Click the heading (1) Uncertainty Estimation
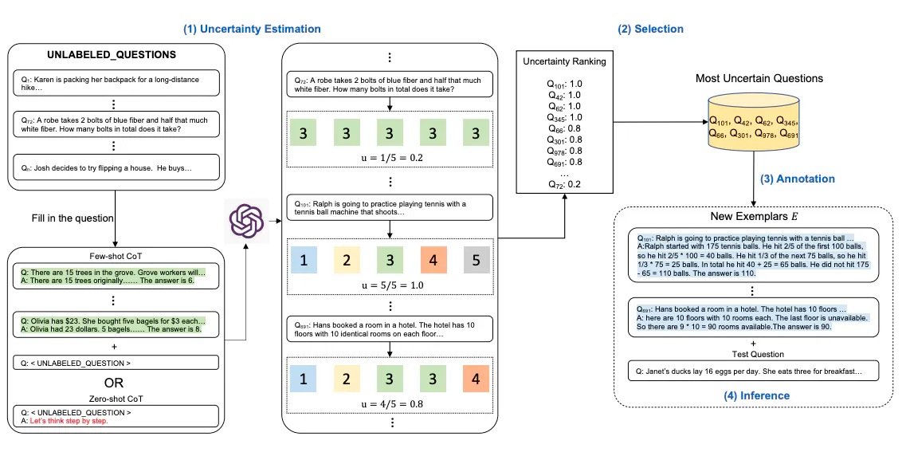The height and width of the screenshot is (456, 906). coord(252,29)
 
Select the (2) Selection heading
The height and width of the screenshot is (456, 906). coord(650,29)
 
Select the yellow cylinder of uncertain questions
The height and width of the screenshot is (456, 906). coord(752,128)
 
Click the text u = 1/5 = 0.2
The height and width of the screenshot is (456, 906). coord(390,157)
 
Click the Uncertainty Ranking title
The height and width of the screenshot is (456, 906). coord(564,61)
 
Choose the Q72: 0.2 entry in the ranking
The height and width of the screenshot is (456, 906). coord(564,184)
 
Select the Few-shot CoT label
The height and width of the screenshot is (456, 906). coord(115,257)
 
